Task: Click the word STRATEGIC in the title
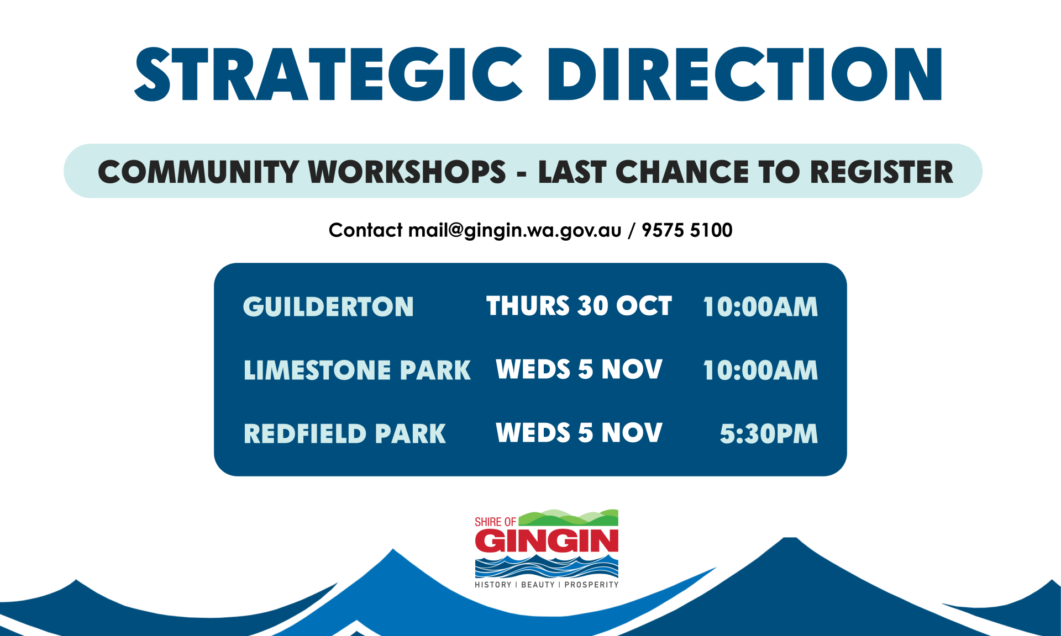[328, 74]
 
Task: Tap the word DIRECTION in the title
[745, 74]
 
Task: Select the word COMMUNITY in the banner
[198, 172]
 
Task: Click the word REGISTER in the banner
[881, 172]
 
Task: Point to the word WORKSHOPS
[407, 172]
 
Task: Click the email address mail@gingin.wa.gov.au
[514, 230]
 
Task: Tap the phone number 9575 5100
[687, 230]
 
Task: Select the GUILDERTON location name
[328, 306]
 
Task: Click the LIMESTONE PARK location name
[357, 370]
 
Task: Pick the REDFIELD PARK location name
[345, 433]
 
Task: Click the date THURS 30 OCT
[579, 305]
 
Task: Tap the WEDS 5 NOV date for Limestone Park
[579, 369]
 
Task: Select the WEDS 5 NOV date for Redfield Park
[579, 432]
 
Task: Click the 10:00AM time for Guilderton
[760, 306]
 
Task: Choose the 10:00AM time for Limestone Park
[760, 370]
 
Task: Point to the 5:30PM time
[769, 433]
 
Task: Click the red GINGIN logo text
[547, 540]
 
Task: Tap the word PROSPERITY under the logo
[591, 585]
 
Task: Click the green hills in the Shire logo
[569, 518]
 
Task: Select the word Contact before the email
[365, 230]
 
